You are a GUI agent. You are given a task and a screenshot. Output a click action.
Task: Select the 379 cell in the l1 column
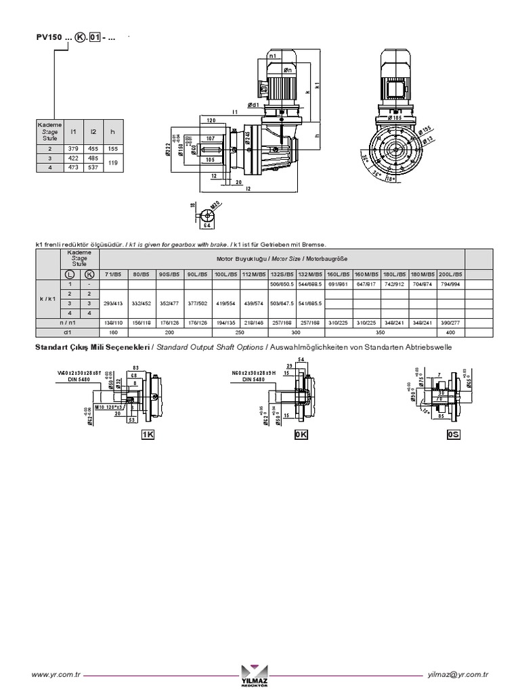point(74,148)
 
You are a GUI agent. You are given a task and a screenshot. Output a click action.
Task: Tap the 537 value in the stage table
point(94,166)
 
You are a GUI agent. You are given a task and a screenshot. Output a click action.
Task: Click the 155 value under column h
point(114,148)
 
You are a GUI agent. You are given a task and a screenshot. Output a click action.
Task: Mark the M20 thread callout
point(215,205)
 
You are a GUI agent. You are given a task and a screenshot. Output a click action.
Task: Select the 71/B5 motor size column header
point(112,273)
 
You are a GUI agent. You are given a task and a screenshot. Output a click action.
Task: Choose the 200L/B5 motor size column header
point(450,273)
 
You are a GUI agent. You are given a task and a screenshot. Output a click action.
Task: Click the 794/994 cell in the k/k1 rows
point(450,284)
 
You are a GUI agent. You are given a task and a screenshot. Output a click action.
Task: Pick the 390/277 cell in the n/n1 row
point(450,323)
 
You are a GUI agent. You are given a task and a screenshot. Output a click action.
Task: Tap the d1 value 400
point(450,332)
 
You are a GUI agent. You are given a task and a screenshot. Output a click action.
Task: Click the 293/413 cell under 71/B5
point(112,304)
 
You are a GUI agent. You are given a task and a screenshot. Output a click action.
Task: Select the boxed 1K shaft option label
point(148,435)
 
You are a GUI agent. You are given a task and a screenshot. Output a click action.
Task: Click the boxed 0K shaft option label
point(301,435)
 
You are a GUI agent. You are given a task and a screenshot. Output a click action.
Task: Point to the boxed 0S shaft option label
point(453,435)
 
